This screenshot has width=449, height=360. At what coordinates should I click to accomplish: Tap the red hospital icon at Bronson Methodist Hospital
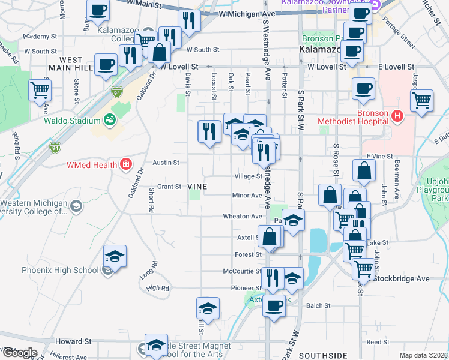click(x=396, y=116)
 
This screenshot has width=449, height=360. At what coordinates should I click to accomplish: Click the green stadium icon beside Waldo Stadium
click(x=109, y=119)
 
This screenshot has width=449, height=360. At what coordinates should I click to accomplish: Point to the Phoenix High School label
click(x=60, y=270)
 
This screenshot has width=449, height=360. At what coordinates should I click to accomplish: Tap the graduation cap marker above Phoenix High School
click(x=115, y=256)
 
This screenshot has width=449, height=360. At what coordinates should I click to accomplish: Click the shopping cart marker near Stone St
click(x=40, y=91)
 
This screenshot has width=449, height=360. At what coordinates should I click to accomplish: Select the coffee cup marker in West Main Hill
click(x=106, y=65)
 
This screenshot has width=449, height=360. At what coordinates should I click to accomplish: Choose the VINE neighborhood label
click(x=197, y=187)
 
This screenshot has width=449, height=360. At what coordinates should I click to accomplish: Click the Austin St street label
click(x=166, y=163)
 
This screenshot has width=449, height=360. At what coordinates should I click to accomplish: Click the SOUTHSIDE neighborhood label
click(x=323, y=355)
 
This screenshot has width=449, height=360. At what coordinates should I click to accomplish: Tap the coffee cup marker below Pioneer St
click(x=274, y=306)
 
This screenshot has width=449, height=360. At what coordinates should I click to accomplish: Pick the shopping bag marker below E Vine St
click(x=364, y=172)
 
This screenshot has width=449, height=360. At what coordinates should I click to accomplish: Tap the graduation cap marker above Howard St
click(x=156, y=344)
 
